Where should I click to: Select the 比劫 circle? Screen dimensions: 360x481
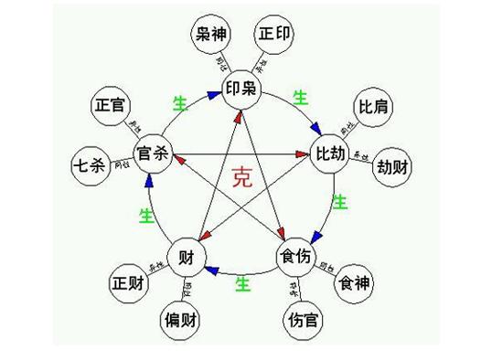(331, 150)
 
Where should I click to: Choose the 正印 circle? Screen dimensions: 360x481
(273, 36)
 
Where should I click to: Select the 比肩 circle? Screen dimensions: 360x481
(374, 106)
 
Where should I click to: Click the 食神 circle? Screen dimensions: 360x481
(355, 283)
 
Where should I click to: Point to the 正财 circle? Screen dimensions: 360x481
(126, 283)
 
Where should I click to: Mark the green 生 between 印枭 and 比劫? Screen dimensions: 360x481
(299, 96)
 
